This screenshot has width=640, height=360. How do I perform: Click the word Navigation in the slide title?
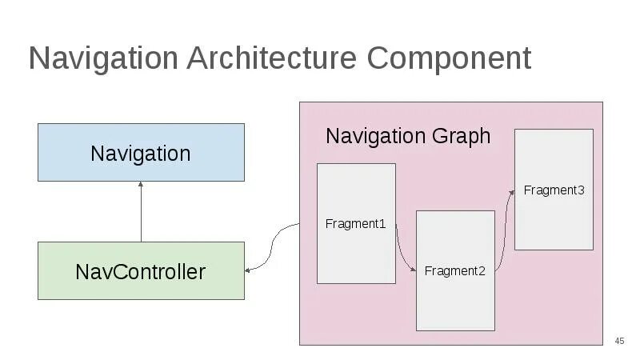click(x=103, y=58)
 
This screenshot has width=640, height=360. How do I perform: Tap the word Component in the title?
click(x=449, y=58)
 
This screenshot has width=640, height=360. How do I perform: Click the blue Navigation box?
click(x=141, y=153)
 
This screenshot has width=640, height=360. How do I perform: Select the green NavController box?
click(x=141, y=271)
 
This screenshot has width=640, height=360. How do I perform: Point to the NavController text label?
click(x=141, y=272)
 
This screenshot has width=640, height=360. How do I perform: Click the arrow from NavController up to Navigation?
click(x=141, y=212)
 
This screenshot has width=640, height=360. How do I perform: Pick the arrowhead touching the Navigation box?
click(x=141, y=185)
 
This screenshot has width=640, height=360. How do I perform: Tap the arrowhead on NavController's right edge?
click(x=248, y=270)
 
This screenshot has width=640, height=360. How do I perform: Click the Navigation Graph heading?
click(x=407, y=136)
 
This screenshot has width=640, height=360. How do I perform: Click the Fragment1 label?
click(x=355, y=224)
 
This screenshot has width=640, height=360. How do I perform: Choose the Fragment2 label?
click(x=454, y=271)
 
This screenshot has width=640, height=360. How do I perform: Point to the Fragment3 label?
click(x=554, y=190)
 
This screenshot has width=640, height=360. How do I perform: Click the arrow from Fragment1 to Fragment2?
click(x=405, y=251)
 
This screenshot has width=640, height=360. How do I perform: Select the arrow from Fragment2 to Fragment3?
click(x=502, y=232)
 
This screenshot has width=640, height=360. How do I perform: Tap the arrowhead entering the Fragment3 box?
click(x=511, y=190)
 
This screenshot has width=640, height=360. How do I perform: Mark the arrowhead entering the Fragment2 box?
click(x=413, y=270)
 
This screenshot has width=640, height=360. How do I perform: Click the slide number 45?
click(x=619, y=342)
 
